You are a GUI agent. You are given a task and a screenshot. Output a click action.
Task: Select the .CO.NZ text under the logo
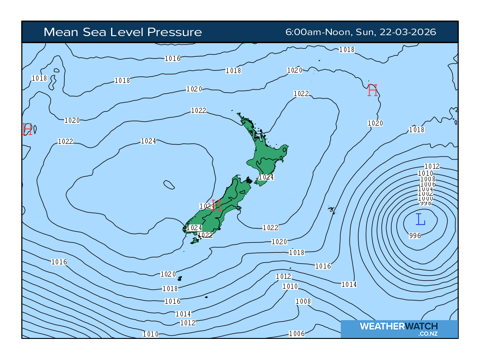[428, 334]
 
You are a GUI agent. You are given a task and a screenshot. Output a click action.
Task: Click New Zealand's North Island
[265, 155]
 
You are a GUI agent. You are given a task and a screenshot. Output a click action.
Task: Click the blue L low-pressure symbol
[420, 219]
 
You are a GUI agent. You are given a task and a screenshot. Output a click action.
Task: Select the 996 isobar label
[415, 235]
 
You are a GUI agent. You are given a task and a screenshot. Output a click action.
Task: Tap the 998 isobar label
[426, 203]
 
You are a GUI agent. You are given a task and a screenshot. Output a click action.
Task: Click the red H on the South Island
[216, 205]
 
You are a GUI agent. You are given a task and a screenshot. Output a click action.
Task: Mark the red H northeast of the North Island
[373, 90]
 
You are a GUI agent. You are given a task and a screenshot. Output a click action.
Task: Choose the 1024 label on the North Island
[266, 177]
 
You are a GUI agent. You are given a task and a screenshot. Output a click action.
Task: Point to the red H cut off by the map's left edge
[27, 129]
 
